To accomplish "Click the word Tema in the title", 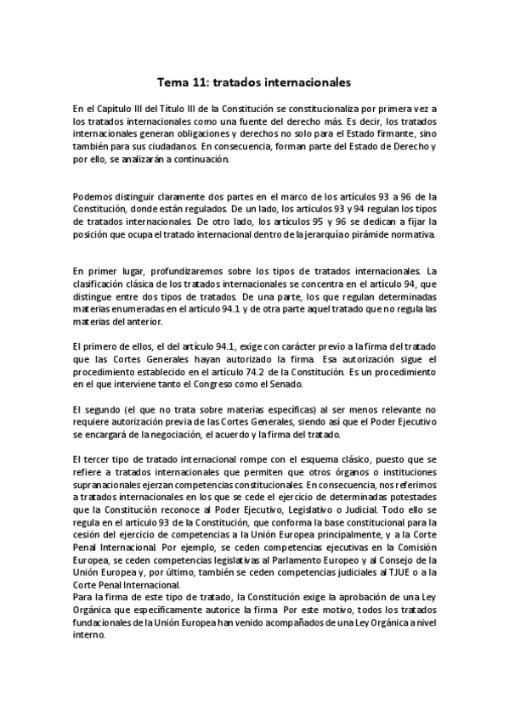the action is click(172, 83).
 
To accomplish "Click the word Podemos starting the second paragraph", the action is click(93, 198).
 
